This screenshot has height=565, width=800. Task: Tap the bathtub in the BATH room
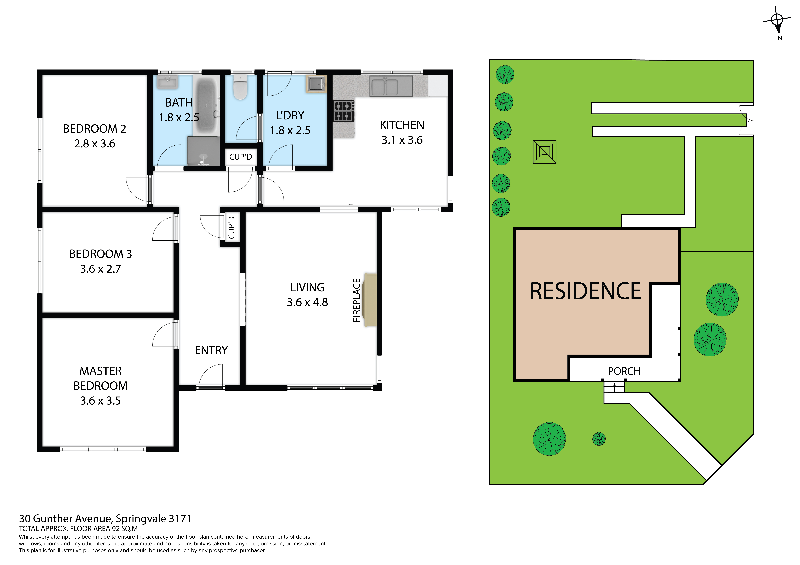pos(207,106)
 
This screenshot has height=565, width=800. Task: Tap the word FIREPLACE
pos(356,300)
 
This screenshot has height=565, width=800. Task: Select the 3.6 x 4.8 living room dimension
pos(307,302)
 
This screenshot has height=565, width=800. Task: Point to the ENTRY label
pos(211,350)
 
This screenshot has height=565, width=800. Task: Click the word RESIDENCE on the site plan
pos(585,291)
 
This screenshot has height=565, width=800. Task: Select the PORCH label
pos(624,371)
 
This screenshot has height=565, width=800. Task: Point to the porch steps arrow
pos(614,385)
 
